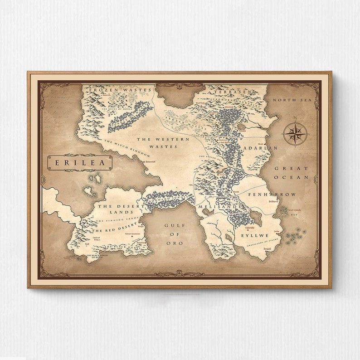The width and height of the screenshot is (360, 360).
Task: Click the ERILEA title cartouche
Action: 80,162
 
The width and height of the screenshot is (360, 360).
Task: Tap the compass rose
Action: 295,134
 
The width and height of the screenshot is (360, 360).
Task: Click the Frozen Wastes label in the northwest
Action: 120,90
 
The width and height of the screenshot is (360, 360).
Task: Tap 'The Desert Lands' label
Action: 115,209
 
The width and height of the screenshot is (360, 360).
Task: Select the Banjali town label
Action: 268,249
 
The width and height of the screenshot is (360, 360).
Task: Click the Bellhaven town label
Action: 273,201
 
